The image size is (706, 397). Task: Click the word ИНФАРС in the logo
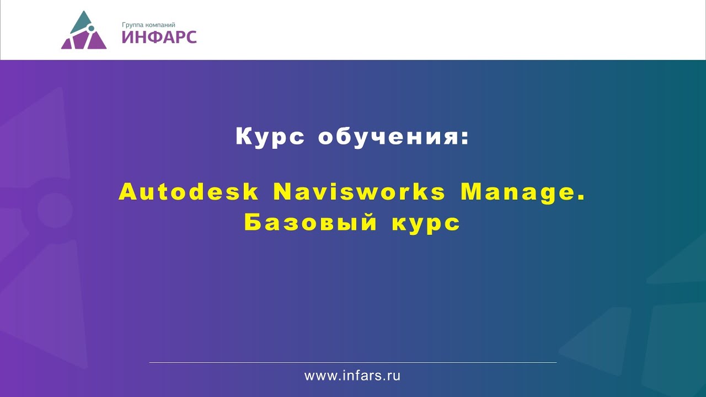click(159, 37)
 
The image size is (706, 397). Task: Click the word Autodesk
click(189, 192)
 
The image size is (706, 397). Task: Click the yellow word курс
click(426, 224)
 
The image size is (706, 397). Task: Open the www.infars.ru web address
click(352, 376)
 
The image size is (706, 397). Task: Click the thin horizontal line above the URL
click(353, 362)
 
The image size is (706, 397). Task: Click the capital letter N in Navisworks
click(282, 192)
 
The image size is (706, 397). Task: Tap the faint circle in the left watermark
click(55, 210)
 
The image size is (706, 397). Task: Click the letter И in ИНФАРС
click(128, 37)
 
